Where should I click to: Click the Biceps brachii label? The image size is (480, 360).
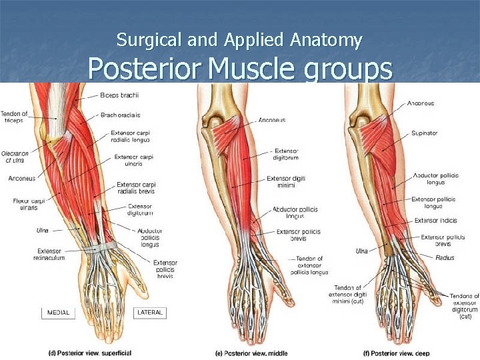coord(120,95)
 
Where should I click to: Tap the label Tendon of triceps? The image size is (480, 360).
coord(14,117)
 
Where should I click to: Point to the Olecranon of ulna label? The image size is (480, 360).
coord(15,157)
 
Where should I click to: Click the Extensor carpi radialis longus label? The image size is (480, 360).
coord(131,136)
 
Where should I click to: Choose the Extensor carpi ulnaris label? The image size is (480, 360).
coord(134,161)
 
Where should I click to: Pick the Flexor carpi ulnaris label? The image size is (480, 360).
coord(25,204)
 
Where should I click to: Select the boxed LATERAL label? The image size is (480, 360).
coord(149,312)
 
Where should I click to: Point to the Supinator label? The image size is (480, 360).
coord(424,133)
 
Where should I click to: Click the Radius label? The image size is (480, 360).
coord(445,258)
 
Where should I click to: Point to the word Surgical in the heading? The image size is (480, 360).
coord(141,40)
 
